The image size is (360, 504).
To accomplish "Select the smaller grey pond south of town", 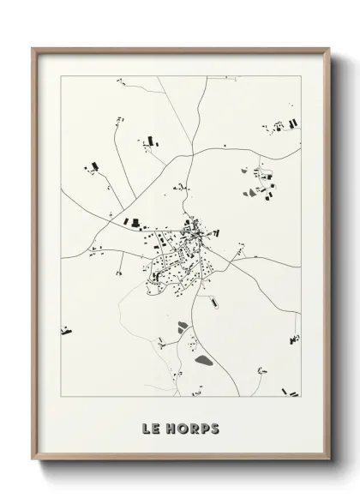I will coord(183,325).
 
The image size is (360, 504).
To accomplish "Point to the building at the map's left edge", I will coord(65,329).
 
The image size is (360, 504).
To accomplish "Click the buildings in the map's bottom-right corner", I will coord(291,393).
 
